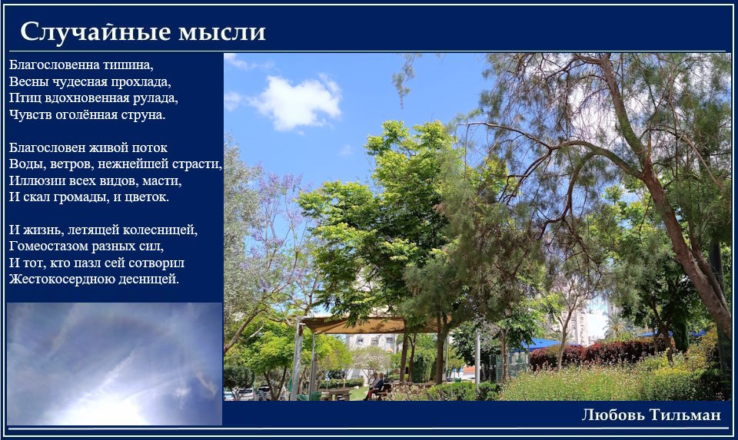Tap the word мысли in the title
pyautogui.click(x=222, y=33)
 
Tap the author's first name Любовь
pyautogui.click(x=613, y=415)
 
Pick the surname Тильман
pyautogui.click(x=685, y=415)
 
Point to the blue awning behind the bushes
pyautogui.click(x=541, y=345)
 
